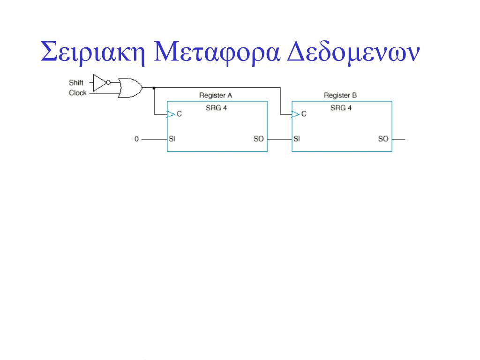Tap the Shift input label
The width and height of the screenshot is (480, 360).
(x=76, y=83)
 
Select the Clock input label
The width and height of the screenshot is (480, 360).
(x=77, y=93)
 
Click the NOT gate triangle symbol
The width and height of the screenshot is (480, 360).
(x=100, y=83)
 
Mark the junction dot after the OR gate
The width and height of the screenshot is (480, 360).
(x=154, y=88)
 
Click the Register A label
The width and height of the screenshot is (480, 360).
(x=216, y=96)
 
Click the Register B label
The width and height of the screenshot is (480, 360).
(x=340, y=96)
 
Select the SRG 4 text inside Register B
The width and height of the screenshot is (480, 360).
(x=341, y=108)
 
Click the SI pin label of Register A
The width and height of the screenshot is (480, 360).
(x=172, y=139)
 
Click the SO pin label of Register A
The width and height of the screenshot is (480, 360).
(x=258, y=139)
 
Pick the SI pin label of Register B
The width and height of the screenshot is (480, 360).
(x=297, y=139)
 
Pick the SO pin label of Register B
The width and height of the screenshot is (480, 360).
(x=383, y=139)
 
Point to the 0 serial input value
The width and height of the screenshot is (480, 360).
(x=136, y=139)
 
